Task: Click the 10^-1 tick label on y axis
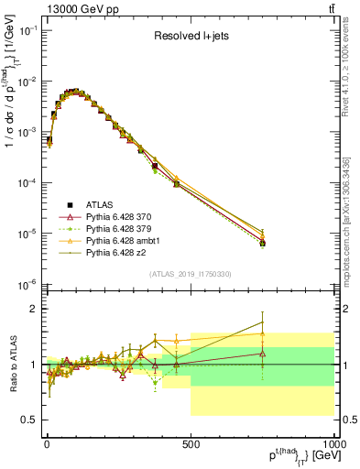click(x=26, y=31)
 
